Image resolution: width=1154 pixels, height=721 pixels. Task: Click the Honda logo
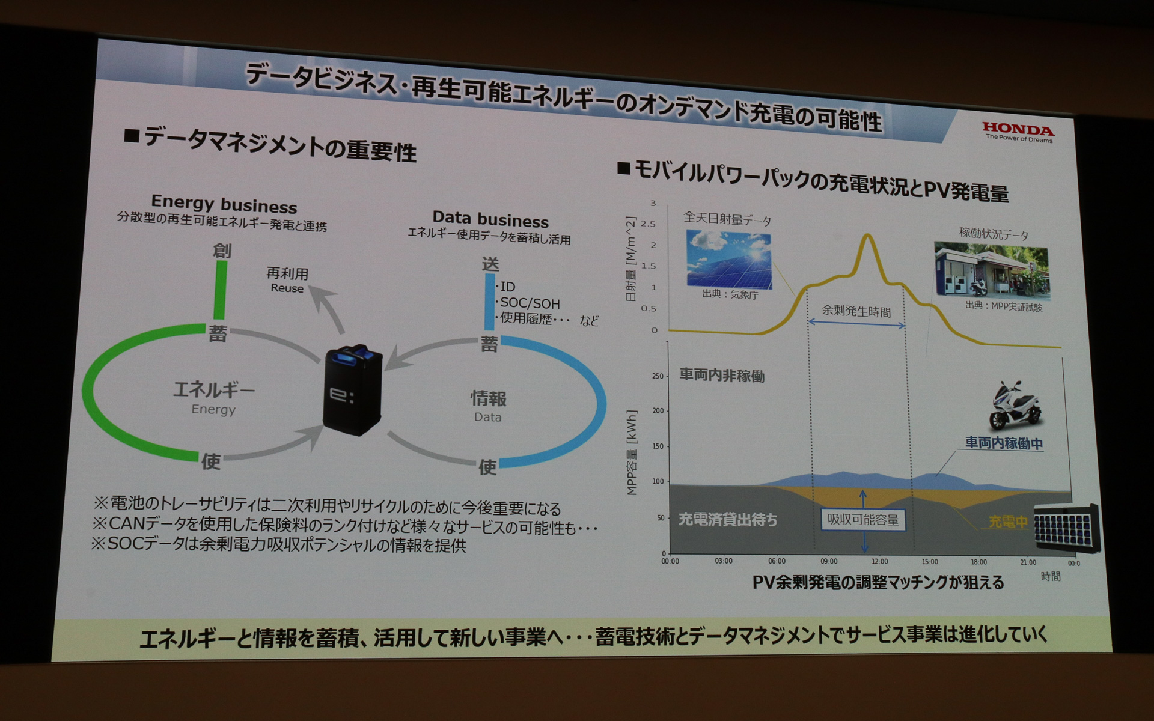click(x=1018, y=130)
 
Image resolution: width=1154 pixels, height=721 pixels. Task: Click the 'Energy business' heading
click(x=224, y=204)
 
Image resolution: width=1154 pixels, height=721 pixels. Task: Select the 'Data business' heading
click(x=490, y=219)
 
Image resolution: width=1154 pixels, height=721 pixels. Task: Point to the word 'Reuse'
click(x=287, y=288)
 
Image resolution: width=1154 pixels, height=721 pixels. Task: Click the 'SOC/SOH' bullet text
click(x=530, y=303)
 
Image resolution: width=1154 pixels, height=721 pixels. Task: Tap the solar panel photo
click(x=729, y=259)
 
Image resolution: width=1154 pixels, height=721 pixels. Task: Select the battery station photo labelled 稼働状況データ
click(x=991, y=271)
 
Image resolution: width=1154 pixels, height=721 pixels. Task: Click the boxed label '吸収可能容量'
click(x=863, y=520)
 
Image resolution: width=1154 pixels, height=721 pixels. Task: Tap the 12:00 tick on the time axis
click(x=879, y=561)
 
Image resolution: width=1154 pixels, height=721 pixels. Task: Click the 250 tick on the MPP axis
click(x=658, y=376)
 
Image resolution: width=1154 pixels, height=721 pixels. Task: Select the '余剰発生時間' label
click(x=856, y=311)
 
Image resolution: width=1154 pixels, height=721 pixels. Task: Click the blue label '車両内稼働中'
click(x=1004, y=443)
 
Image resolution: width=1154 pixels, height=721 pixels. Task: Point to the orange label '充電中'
click(x=1008, y=522)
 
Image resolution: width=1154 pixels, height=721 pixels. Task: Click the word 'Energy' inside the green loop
click(x=213, y=410)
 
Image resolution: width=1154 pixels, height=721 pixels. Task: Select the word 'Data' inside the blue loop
click(x=487, y=417)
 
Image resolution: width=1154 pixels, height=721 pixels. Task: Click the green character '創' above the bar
click(x=222, y=250)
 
